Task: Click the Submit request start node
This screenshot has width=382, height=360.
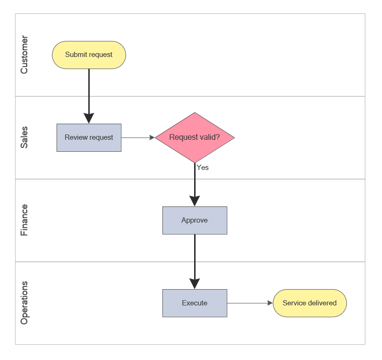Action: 89,55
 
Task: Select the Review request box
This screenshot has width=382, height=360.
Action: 89,137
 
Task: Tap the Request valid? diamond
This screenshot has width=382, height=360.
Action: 195,137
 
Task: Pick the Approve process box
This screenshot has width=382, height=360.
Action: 195,220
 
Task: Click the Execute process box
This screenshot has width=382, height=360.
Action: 195,303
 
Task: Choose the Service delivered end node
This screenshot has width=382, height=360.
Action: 310,303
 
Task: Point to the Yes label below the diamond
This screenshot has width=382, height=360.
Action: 203,168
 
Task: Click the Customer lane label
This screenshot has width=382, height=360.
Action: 24,55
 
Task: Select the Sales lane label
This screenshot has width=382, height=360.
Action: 24,137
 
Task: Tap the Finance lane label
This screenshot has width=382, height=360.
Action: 24,220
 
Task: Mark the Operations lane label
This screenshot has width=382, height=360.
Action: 24,303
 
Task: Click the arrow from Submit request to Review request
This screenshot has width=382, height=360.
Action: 89,93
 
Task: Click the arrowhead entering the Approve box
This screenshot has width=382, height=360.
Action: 195,201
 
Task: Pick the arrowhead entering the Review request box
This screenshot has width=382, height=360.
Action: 89,119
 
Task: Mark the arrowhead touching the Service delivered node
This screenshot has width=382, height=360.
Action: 269,303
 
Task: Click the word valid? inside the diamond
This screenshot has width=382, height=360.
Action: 208,137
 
